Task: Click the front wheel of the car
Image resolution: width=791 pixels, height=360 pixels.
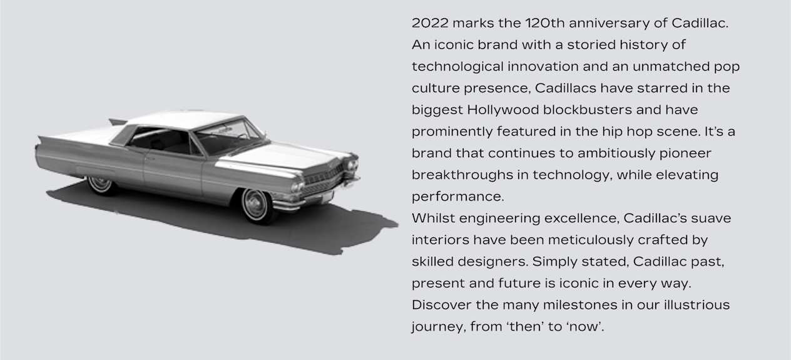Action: click(256, 206)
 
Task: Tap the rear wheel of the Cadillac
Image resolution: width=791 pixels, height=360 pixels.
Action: click(101, 185)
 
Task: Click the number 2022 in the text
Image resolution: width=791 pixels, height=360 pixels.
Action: click(430, 23)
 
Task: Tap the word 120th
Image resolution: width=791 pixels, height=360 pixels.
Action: click(545, 23)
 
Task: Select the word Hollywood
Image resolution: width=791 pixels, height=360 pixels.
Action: click(503, 110)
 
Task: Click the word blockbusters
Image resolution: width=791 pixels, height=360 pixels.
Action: click(587, 110)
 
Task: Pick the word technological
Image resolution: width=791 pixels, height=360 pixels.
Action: click(457, 67)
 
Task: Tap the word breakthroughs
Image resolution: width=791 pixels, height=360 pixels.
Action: click(462, 175)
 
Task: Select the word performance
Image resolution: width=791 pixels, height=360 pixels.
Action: click(457, 197)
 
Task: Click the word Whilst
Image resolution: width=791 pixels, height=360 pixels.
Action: click(433, 219)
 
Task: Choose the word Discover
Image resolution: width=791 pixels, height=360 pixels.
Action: click(441, 305)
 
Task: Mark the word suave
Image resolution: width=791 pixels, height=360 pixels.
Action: click(711, 219)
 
